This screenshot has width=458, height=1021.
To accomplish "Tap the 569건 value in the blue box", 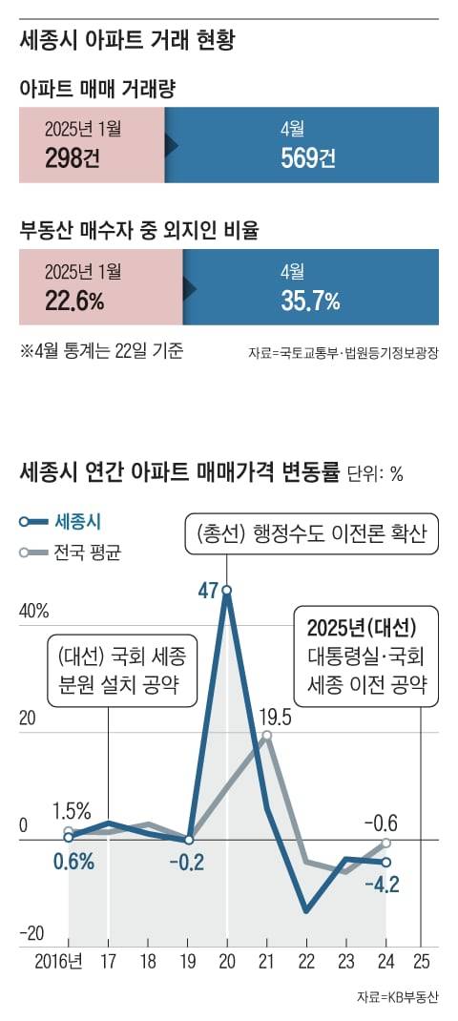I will tap(307, 156).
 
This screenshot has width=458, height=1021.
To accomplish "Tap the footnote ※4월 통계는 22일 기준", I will tap(101, 350).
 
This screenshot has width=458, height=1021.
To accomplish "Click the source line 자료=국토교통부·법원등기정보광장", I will tap(350, 353).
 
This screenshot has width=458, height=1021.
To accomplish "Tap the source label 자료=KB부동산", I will tap(398, 997).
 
